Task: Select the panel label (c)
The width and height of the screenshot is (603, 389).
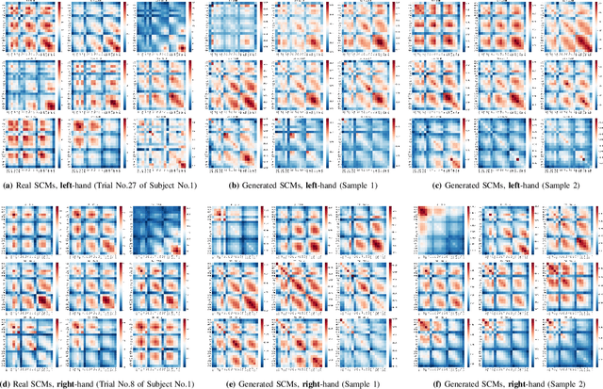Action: (435, 185)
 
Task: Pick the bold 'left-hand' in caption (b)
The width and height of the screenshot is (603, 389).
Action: (312, 185)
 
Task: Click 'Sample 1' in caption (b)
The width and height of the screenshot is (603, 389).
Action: (355, 185)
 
